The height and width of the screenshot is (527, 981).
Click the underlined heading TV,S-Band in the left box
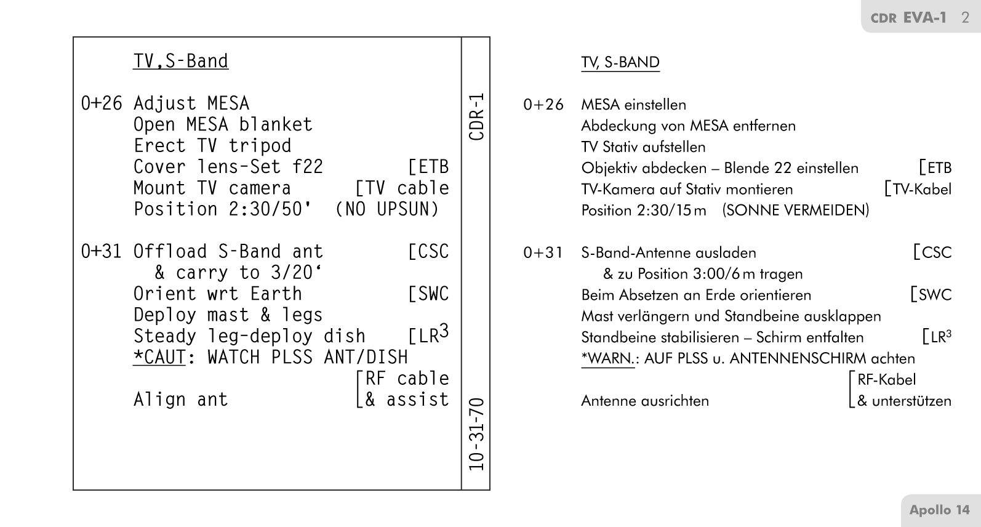tap(180, 61)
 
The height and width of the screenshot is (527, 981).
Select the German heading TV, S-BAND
tap(620, 63)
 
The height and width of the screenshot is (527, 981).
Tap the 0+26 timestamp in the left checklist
tap(102, 103)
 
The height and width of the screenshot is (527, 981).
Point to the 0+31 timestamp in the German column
tap(543, 252)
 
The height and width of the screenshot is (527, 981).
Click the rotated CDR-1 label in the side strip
tap(476, 116)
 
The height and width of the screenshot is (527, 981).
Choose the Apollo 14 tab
tap(939, 510)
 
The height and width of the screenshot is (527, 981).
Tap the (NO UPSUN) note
tap(387, 209)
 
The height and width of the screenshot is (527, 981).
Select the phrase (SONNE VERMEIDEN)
tap(796, 211)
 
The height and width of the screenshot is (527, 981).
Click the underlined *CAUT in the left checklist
tap(159, 357)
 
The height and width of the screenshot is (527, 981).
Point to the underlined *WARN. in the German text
tap(607, 358)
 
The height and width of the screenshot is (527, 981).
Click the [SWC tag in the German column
tap(931, 295)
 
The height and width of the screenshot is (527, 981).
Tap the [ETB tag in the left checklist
tap(428, 167)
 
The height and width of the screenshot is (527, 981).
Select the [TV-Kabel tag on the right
tap(918, 189)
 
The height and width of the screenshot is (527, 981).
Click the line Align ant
tap(180, 400)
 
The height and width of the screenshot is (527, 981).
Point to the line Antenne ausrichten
tap(645, 401)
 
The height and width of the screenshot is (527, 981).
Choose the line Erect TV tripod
tap(212, 146)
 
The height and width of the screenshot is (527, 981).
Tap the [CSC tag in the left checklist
tap(428, 251)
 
